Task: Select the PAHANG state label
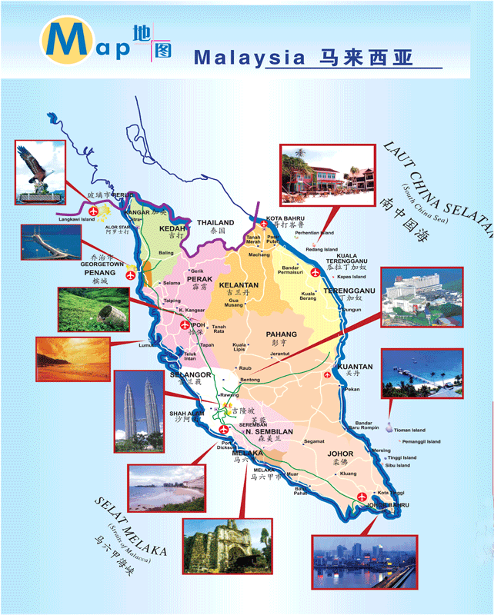tap(281, 334)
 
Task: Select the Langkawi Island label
tap(77, 219)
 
